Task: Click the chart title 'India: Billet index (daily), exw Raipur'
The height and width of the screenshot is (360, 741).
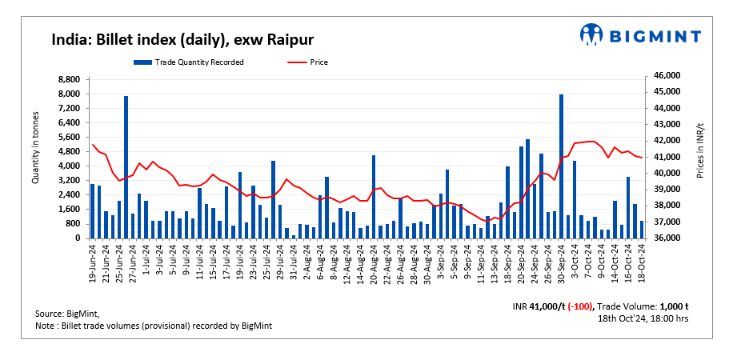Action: click(182, 39)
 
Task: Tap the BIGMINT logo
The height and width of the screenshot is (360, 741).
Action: click(640, 35)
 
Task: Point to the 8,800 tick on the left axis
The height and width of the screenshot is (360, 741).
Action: click(68, 79)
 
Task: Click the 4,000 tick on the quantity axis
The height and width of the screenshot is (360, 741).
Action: click(68, 166)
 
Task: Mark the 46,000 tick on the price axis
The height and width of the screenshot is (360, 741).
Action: click(667, 75)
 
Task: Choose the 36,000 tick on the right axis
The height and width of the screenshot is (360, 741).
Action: click(667, 238)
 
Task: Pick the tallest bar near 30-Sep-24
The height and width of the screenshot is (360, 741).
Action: click(562, 166)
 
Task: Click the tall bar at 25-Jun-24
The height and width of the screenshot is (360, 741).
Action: click(126, 167)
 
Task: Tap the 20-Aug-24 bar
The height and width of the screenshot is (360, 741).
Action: click(374, 197)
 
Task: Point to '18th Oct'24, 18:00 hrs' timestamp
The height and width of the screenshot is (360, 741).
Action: click(643, 318)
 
